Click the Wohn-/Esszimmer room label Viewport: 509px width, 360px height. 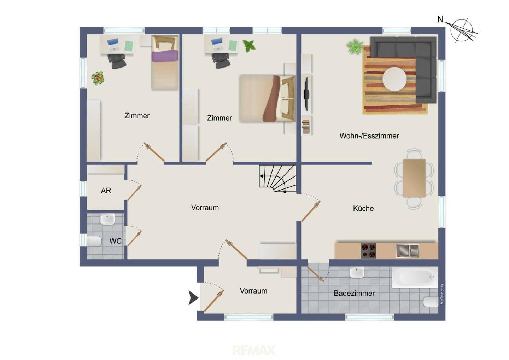tap(369, 136)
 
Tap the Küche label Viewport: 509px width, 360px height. tap(363, 208)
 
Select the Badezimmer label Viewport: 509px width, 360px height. tap(354, 293)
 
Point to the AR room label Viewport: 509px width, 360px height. tap(106, 191)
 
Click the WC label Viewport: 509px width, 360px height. tap(116, 241)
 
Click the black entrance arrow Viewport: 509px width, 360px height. tap(193, 298)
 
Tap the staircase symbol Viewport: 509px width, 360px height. tap(277, 179)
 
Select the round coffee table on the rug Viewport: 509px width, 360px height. tap(394, 79)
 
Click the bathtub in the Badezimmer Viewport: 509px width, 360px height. tap(415, 277)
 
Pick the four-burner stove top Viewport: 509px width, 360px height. tap(368, 251)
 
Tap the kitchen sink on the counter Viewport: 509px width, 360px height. tap(407, 251)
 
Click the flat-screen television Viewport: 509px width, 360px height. tap(306, 94)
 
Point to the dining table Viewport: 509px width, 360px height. tap(414, 178)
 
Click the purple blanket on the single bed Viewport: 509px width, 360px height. tap(165, 56)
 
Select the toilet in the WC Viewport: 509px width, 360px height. tap(94, 241)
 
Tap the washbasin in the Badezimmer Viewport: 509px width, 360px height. tap(357, 273)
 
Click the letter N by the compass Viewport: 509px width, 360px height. tap(440, 20)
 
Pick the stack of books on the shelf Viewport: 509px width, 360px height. tap(306, 127)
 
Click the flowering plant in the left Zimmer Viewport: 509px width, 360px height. tap(98, 78)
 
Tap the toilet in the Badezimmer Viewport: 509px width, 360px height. tap(431, 302)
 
